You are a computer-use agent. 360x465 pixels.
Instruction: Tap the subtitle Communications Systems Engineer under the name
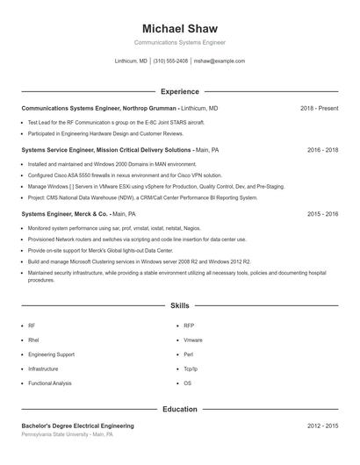[179, 42]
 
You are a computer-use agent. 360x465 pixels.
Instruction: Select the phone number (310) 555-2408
[170, 61]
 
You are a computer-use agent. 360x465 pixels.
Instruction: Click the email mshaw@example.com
[219, 61]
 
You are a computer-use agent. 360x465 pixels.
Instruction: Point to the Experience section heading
[179, 91]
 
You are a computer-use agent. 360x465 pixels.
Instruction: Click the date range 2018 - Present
[319, 108]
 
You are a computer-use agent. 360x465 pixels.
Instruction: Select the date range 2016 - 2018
[322, 150]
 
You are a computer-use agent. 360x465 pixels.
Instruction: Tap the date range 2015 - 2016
[322, 213]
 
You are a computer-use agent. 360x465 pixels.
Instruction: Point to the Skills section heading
[179, 305]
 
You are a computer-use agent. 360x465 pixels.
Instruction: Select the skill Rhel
[33, 340]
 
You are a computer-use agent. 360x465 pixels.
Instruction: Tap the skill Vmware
[193, 340]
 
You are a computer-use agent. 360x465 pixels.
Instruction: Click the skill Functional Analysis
[50, 383]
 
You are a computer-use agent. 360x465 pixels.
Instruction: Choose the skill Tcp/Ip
[191, 368]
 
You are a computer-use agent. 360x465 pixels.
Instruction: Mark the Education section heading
[179, 409]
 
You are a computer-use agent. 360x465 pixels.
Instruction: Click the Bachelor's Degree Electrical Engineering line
[77, 426]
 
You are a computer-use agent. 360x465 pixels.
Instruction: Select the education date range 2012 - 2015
[322, 426]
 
